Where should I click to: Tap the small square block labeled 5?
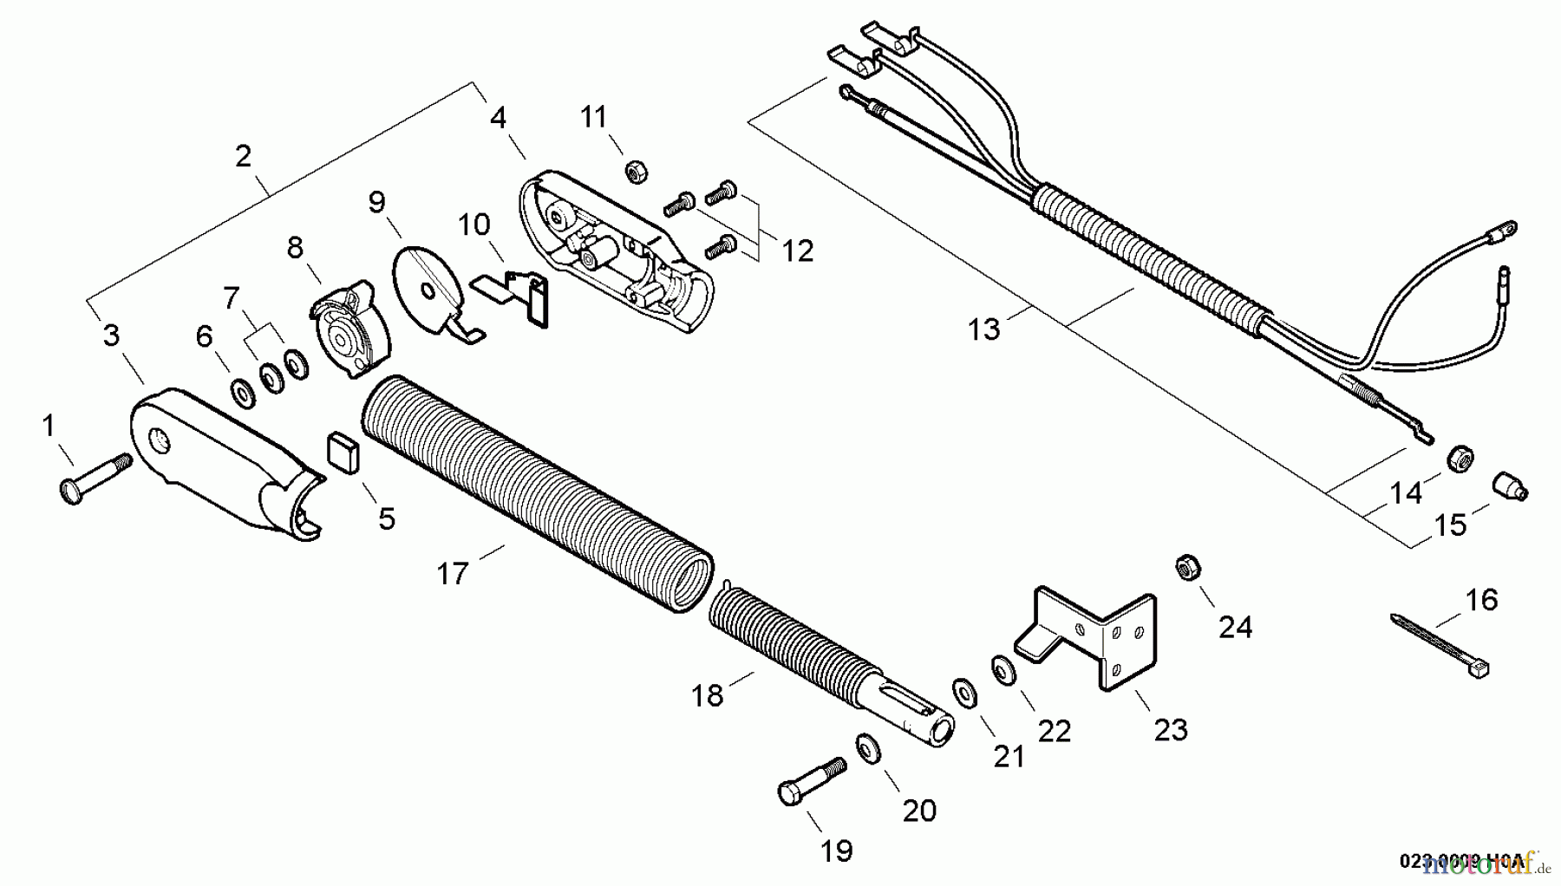pyautogui.click(x=342, y=453)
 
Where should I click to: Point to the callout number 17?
pyautogui.click(x=453, y=573)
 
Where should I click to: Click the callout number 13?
pyautogui.click(x=984, y=329)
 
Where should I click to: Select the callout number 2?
pyautogui.click(x=243, y=156)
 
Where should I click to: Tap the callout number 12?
pyautogui.click(x=798, y=251)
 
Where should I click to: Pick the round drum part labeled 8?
pyautogui.click(x=351, y=329)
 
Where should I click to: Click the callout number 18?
pyautogui.click(x=708, y=695)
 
